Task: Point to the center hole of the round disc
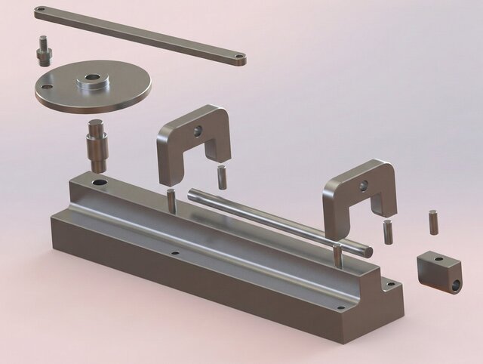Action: coord(92,77)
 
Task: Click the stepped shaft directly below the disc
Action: coord(98,143)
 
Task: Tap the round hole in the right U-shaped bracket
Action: coord(363,184)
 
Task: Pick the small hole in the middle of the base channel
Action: coord(175,254)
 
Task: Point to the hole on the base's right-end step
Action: coord(389,285)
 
